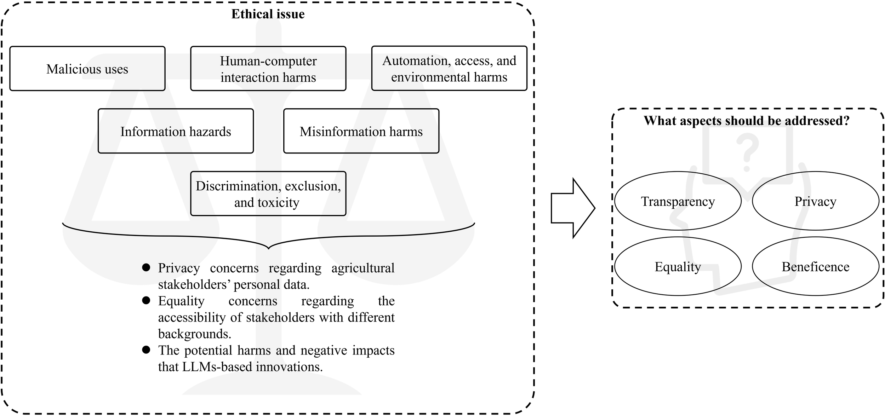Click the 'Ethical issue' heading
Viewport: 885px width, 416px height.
(x=268, y=14)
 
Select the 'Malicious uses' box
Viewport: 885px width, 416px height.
(x=87, y=69)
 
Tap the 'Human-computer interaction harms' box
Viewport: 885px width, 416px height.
(x=268, y=69)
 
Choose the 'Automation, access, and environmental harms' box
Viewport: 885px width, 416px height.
(x=449, y=68)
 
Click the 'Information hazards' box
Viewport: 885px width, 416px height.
(x=176, y=131)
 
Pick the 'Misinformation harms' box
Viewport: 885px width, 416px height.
(x=361, y=131)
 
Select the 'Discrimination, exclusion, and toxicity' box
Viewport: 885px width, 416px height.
(x=268, y=194)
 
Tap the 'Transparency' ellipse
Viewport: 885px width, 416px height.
(x=678, y=201)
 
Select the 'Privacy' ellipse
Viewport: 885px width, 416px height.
(x=815, y=201)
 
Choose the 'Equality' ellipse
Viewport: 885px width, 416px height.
(x=678, y=266)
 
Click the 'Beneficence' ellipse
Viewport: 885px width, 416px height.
(x=815, y=266)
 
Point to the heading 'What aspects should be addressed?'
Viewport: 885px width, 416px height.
(x=746, y=121)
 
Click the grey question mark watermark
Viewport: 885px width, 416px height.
(x=747, y=152)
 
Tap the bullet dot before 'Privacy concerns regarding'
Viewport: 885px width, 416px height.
(x=146, y=267)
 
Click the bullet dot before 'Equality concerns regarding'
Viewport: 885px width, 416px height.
(x=146, y=300)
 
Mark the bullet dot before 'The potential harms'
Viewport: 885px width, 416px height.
(x=146, y=350)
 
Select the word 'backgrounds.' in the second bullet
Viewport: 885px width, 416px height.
(x=194, y=334)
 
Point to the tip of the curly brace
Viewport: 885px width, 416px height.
(x=268, y=248)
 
